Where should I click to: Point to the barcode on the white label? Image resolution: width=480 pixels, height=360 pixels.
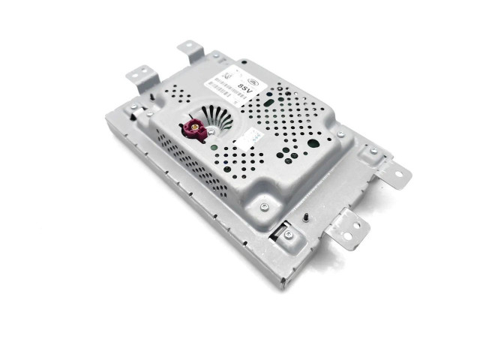click(x=225, y=82)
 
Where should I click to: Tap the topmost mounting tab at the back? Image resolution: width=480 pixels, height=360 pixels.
click(x=192, y=51)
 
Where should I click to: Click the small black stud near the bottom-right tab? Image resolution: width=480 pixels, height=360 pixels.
click(x=308, y=217)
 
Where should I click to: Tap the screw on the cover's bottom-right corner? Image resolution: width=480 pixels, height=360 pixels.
click(x=264, y=206)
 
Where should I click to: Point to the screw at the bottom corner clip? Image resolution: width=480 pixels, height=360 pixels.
click(x=289, y=235)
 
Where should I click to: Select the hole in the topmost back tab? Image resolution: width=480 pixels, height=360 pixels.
click(x=190, y=50)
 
